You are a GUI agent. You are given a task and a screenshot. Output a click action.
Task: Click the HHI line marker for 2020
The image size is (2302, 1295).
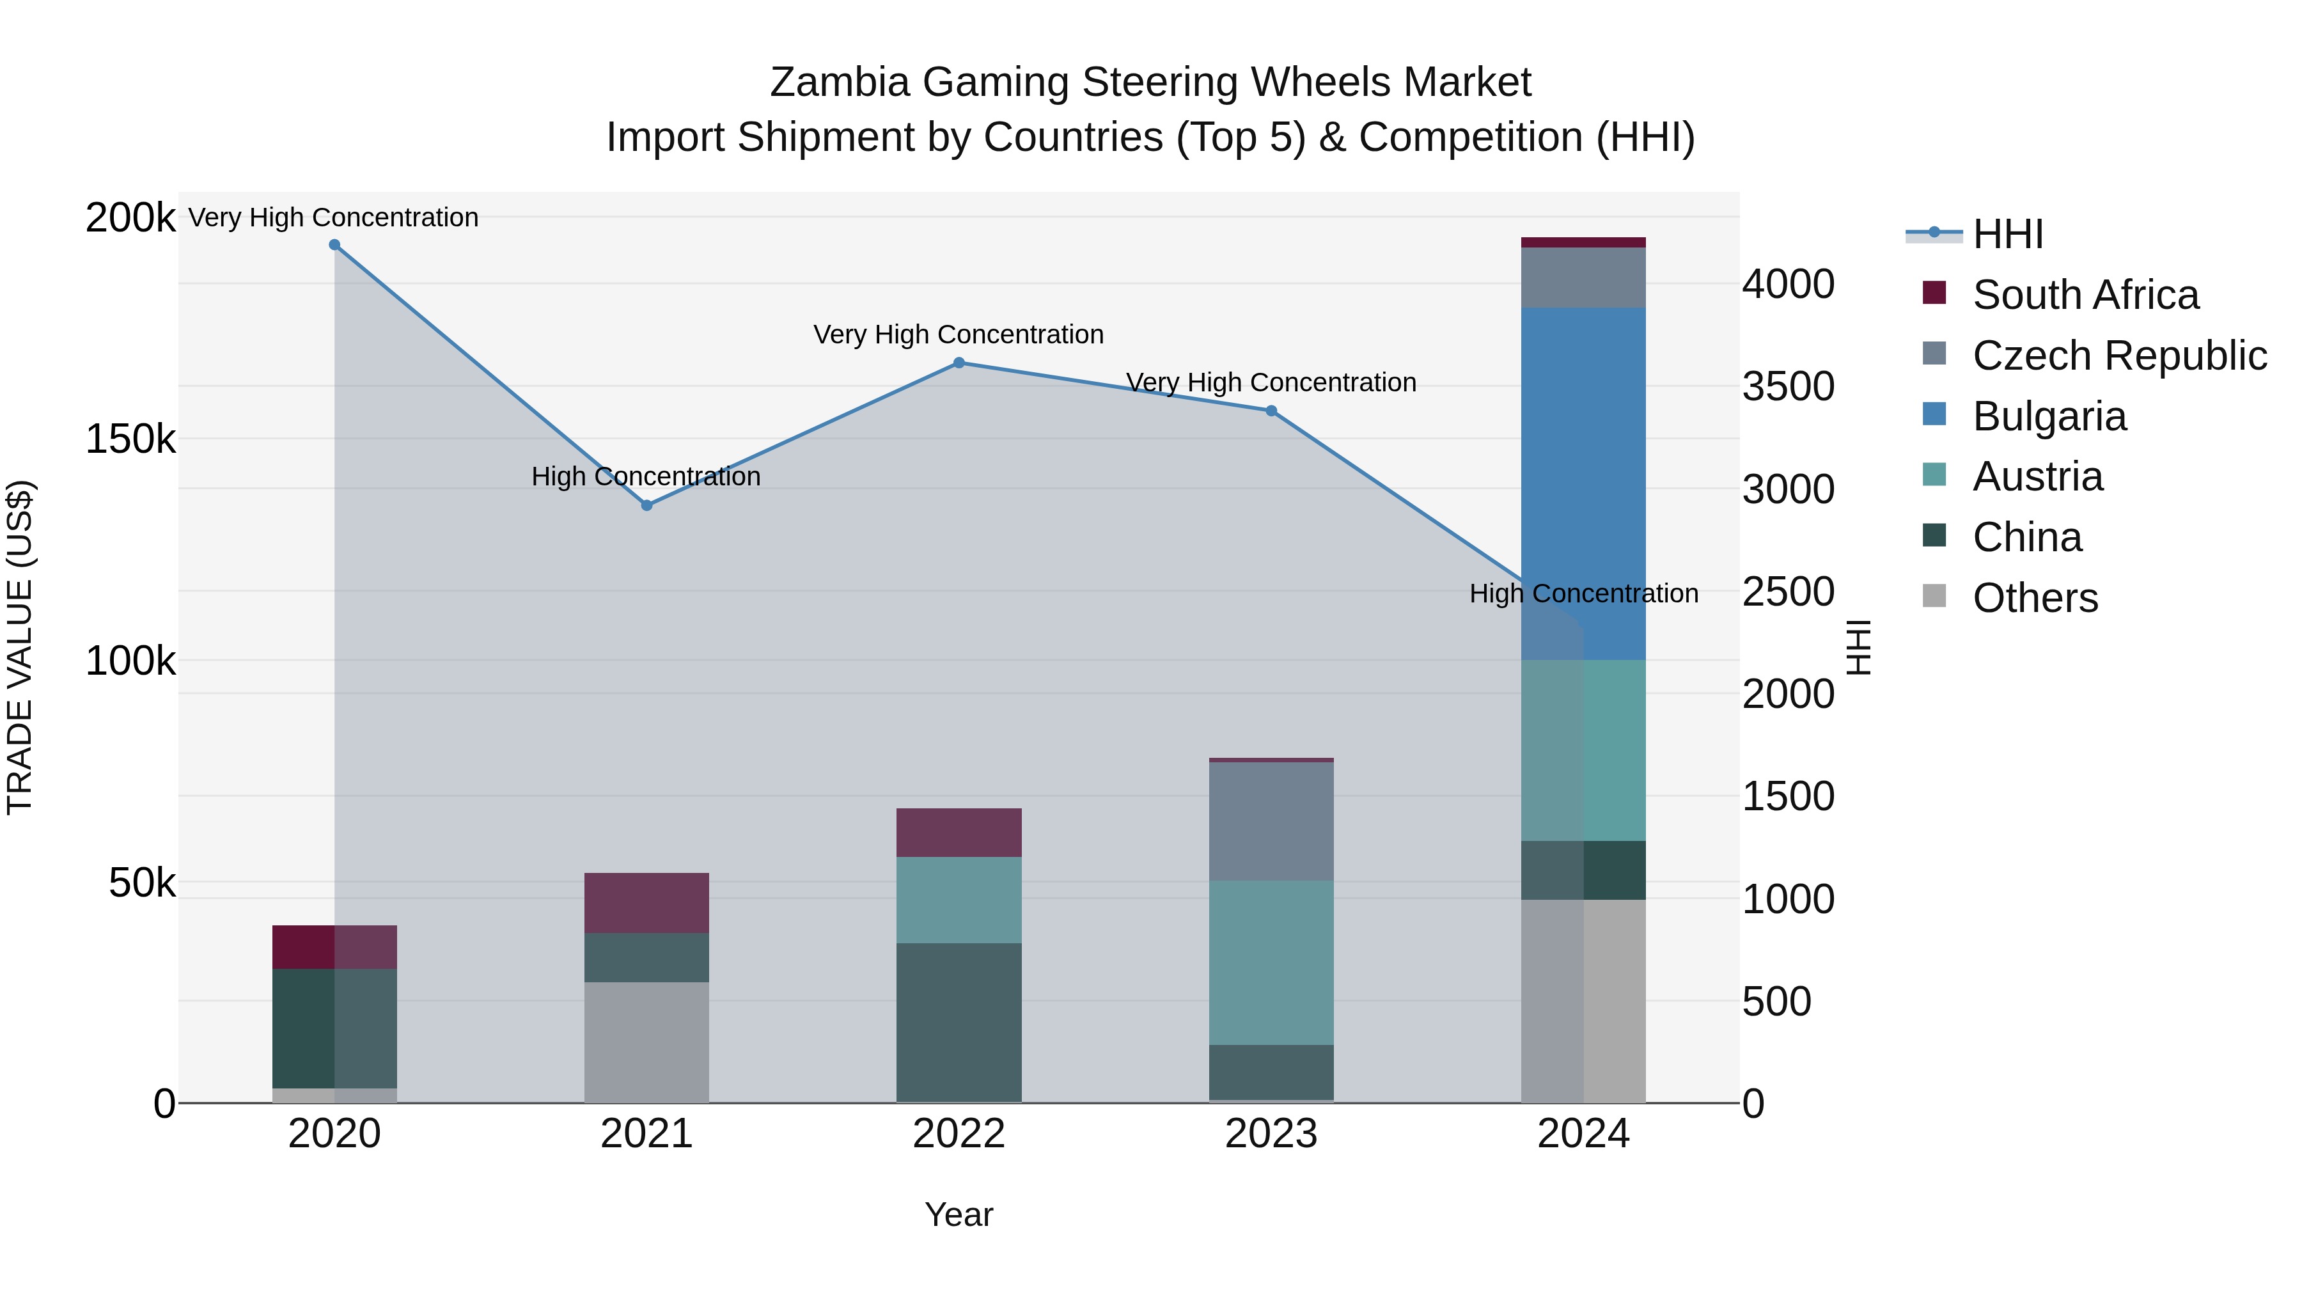click(334, 245)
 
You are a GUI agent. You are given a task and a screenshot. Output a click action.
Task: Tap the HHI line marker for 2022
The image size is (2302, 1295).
click(959, 363)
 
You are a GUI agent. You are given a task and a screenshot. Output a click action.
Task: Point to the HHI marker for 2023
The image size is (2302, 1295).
click(1271, 411)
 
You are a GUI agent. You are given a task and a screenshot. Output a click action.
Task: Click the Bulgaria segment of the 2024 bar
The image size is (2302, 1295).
click(1583, 483)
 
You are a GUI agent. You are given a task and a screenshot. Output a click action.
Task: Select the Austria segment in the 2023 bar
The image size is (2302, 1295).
click(1271, 962)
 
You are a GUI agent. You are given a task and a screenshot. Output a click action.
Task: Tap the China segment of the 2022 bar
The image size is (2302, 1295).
click(959, 1023)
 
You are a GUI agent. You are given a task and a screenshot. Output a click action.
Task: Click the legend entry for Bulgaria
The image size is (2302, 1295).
click(2049, 416)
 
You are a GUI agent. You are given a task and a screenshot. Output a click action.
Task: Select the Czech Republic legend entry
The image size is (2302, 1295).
click(2119, 356)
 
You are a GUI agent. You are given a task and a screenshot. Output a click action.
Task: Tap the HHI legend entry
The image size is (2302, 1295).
click(2007, 234)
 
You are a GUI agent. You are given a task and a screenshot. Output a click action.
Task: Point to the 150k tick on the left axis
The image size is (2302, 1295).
click(130, 440)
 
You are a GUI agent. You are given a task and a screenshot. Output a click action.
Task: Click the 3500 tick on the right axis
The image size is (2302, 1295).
click(1787, 387)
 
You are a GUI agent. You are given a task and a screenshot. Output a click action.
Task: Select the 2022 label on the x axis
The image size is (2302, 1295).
click(959, 1134)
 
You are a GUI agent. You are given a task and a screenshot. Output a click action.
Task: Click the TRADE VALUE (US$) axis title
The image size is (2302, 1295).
click(20, 647)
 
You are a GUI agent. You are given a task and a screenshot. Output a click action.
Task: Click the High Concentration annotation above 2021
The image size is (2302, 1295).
click(646, 476)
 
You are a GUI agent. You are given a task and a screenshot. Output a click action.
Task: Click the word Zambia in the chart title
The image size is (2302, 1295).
click(840, 82)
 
